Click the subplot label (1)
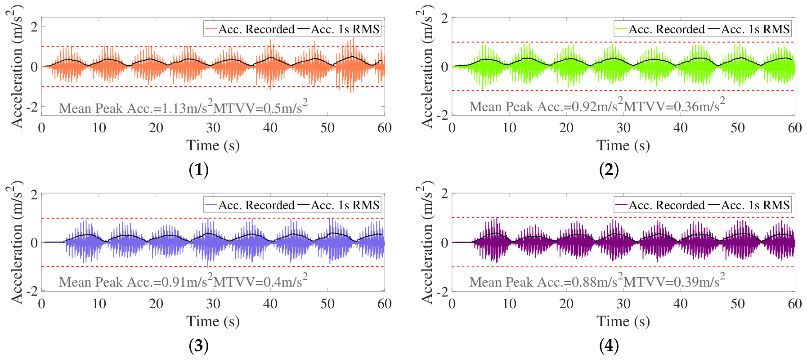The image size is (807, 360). pos(199,170)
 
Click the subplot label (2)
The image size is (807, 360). pos(609,170)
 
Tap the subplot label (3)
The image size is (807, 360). pos(199,346)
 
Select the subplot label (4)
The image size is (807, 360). pos(609,346)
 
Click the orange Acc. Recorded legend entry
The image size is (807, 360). pos(250,29)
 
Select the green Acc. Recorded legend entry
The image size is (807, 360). pos(660,29)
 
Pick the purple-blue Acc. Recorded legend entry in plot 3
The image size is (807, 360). pos(250,205)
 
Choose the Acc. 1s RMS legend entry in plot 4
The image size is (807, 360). pos(749,205)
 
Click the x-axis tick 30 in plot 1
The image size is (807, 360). pos(213,128)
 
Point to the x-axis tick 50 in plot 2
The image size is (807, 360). pos(738,128)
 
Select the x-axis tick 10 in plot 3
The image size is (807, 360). pos(99,304)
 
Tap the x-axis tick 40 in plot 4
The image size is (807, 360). pos(681,304)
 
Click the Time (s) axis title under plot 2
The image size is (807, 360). pos(623,145)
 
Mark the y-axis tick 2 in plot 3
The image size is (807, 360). pos(34,194)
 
